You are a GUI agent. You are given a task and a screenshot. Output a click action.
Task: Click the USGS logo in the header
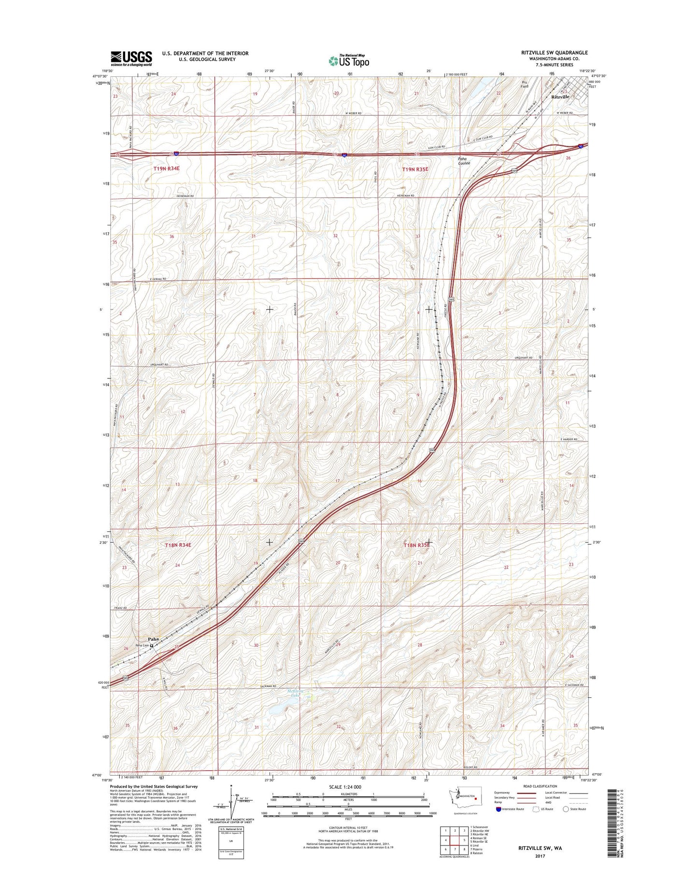pos(131,58)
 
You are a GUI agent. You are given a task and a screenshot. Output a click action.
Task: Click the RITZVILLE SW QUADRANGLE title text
pos(554,53)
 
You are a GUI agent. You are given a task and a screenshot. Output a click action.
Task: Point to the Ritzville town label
pos(560,97)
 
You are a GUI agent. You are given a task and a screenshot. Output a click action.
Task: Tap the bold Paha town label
pos(154,639)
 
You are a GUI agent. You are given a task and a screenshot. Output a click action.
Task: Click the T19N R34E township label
pos(167,168)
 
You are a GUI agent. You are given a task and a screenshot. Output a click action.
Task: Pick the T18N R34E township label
pos(178,545)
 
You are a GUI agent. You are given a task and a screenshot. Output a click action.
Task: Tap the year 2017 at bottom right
pos(540,856)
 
